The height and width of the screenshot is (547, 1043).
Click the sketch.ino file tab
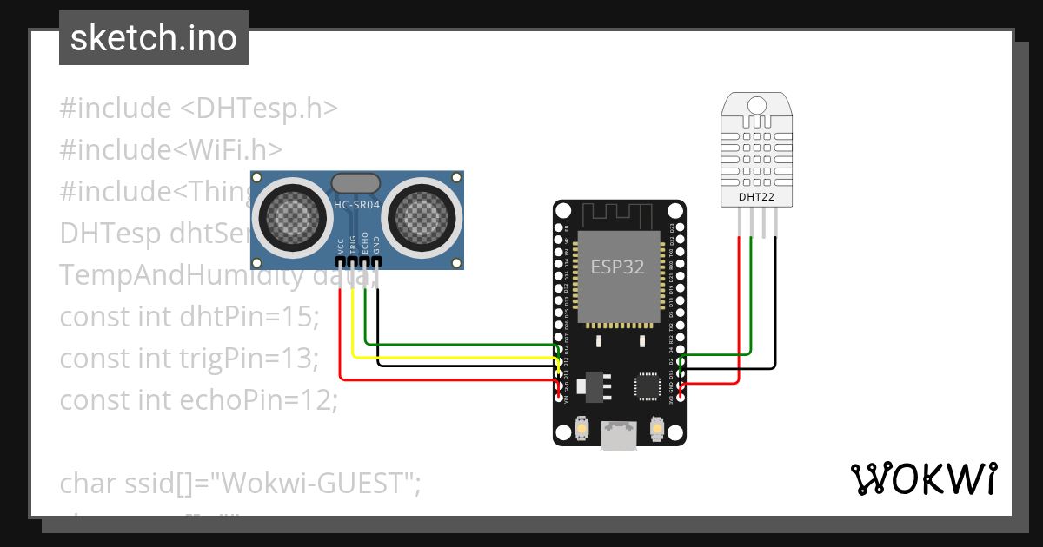[x=154, y=38]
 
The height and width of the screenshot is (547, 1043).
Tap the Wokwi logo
[x=922, y=478]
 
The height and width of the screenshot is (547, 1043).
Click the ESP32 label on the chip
[x=617, y=267]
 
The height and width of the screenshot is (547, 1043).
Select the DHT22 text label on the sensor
[x=756, y=197]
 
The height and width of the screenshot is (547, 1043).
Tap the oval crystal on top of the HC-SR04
[x=355, y=182]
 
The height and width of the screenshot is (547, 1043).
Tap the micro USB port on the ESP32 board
[x=619, y=436]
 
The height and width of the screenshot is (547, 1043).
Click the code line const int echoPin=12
[x=198, y=399]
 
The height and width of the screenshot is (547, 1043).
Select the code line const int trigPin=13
[x=189, y=358]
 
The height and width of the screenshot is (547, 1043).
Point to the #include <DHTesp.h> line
[x=198, y=109]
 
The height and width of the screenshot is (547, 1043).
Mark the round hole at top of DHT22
[x=756, y=105]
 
